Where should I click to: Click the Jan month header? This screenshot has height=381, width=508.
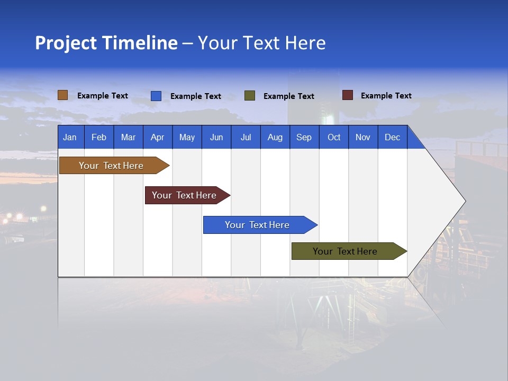point(70,137)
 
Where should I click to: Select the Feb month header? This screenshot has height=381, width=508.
point(99,137)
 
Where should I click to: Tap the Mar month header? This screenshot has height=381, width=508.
point(128,137)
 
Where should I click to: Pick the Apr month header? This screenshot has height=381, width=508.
point(158,137)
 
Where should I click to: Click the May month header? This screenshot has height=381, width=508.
point(187,137)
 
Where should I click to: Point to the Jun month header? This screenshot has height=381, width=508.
point(216,137)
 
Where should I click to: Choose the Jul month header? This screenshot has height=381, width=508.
point(246,137)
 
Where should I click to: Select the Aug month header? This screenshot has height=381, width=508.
point(275,137)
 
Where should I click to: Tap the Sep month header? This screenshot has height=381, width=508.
point(304,137)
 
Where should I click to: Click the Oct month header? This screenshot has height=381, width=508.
point(334,137)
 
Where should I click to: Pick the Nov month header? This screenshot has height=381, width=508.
point(363,137)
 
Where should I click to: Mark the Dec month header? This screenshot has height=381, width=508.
point(393,137)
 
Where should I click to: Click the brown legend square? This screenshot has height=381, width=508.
point(63,95)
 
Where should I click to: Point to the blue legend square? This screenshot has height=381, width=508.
point(156,96)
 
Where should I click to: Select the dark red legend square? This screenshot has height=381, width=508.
point(348,95)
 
